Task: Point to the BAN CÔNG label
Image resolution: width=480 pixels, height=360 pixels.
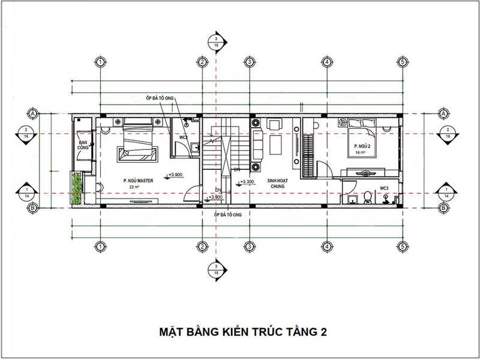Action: pos(83,146)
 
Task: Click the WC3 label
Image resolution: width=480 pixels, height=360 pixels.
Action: pos(384,188)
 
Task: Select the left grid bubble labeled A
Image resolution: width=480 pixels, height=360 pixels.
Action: pos(34,113)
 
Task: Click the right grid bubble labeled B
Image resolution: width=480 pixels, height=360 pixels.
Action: pos(443,208)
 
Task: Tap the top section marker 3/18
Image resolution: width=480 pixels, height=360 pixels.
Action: pos(217,41)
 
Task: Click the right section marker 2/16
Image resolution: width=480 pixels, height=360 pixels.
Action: pos(445,133)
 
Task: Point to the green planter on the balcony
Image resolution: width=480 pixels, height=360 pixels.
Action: pos(76,187)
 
